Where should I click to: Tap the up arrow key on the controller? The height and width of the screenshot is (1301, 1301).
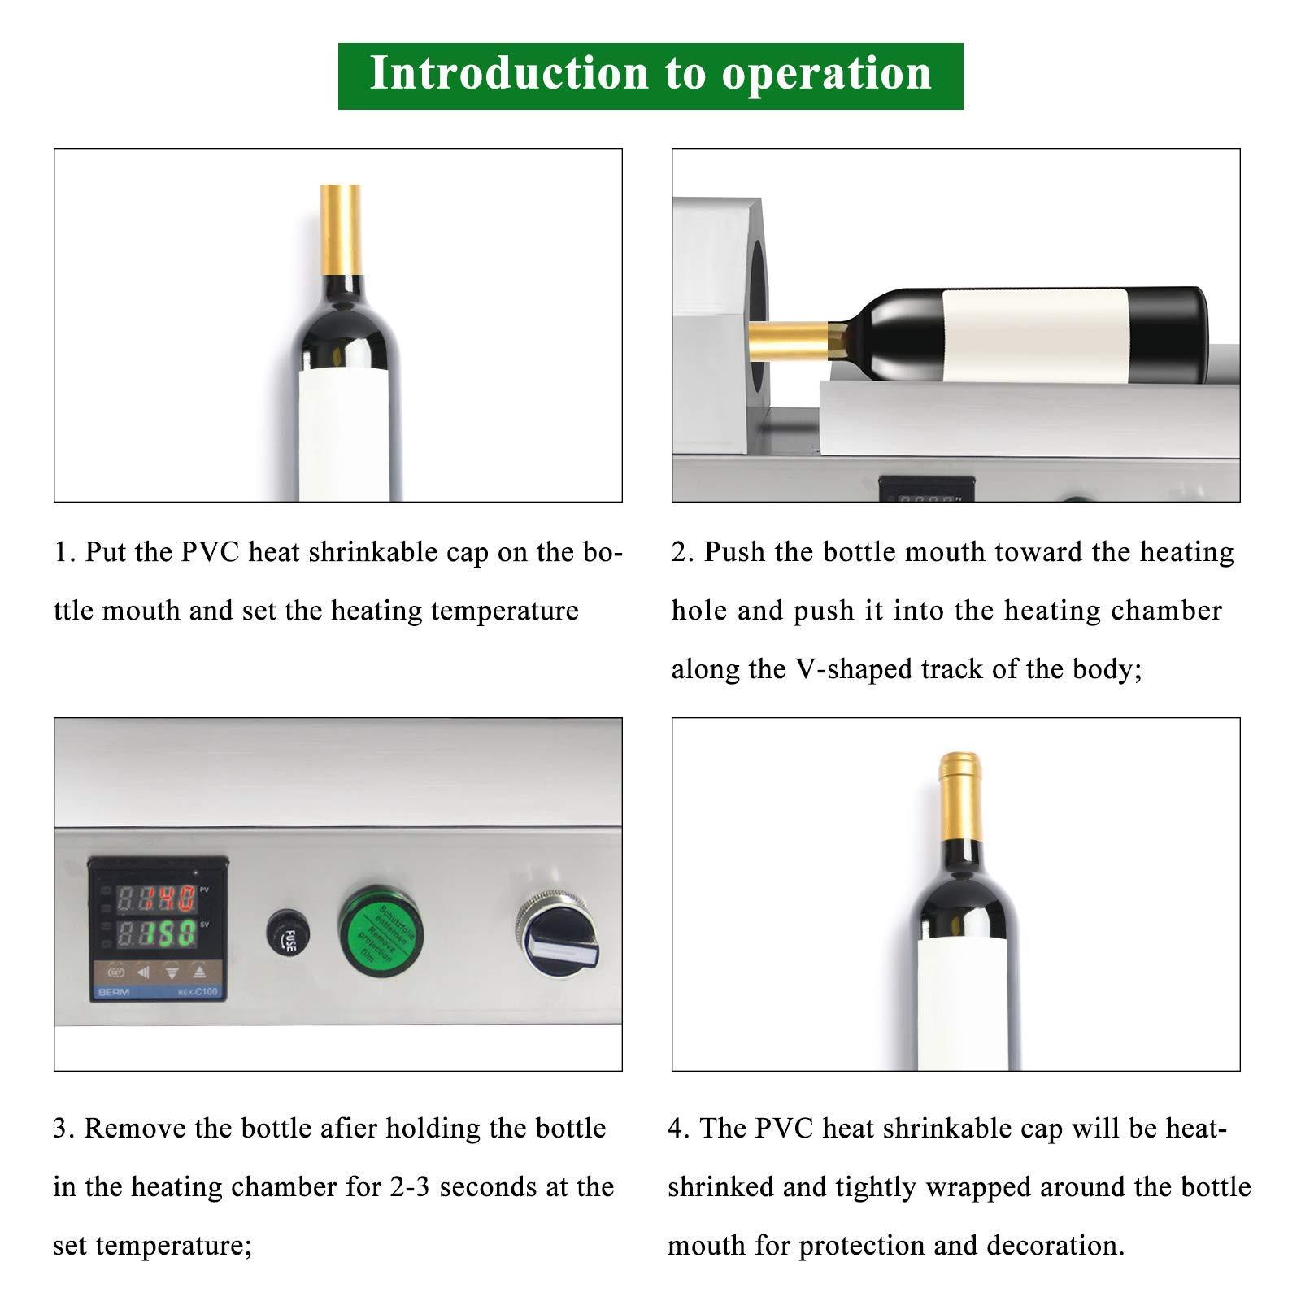[200, 970]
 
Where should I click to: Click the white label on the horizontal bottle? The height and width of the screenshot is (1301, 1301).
[1034, 335]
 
